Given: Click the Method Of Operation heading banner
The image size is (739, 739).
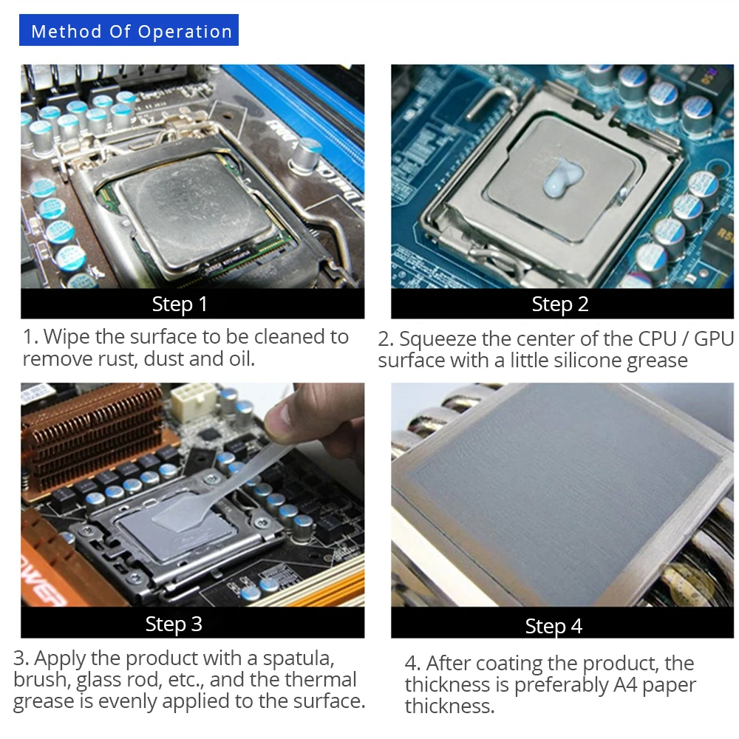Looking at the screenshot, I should [131, 32].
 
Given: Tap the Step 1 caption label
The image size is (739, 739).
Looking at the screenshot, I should [180, 304].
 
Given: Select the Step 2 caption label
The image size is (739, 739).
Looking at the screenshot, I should [560, 304].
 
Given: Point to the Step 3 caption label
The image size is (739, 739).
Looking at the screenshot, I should [174, 624].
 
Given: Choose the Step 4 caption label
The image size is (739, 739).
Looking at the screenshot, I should [554, 626].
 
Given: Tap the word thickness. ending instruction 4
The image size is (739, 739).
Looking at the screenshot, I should [449, 706].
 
